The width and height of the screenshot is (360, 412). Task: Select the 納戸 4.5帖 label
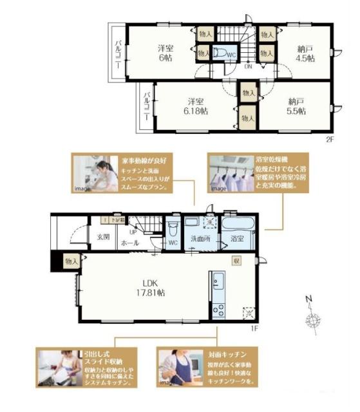point(306,53)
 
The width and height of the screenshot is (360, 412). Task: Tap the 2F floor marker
point(329,138)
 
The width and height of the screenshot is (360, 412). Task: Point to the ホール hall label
point(129,244)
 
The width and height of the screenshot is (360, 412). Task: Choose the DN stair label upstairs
point(248,65)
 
